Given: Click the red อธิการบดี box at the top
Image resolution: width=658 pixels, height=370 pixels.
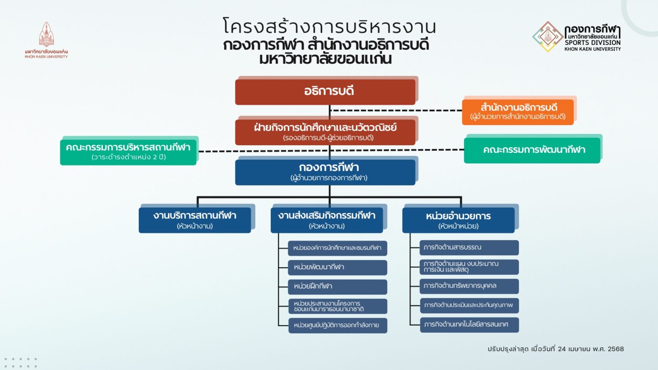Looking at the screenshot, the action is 325,92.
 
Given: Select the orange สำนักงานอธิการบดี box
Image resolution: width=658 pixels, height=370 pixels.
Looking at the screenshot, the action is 517,112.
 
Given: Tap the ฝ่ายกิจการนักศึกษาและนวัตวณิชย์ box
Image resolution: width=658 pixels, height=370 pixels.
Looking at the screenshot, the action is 325,132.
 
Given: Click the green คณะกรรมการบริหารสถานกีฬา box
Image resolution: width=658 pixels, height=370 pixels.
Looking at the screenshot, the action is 128,152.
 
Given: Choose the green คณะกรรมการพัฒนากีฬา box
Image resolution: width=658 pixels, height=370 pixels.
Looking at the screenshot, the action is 532,150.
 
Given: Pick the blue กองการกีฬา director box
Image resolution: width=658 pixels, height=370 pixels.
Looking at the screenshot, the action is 325,173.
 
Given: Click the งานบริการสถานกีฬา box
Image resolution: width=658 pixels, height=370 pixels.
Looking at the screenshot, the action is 195,220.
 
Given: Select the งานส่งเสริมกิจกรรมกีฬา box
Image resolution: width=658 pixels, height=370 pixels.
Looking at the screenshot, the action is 327,220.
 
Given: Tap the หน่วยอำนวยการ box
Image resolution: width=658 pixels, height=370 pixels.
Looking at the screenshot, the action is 458,220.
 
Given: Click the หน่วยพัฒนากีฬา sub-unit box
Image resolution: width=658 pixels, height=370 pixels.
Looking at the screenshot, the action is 338,268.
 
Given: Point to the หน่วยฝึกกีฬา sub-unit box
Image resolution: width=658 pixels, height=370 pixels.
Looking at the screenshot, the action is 338,287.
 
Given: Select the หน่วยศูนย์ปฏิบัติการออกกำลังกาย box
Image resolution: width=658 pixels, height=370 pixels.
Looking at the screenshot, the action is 338,325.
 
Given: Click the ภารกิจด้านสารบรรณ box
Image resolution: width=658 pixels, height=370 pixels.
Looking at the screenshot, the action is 469,248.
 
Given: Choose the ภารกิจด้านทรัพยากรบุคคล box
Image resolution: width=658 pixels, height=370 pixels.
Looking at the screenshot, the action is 469,286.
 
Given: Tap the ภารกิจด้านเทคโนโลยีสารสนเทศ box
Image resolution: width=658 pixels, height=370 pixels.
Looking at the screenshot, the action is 470,325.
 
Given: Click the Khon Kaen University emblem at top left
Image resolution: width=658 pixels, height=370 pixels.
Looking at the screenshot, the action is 46,34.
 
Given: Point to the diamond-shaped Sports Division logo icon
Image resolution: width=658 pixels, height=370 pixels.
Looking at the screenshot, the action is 547,37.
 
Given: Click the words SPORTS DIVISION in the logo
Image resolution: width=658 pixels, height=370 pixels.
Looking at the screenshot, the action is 592,42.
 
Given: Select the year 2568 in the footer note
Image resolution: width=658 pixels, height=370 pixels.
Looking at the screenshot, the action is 616,349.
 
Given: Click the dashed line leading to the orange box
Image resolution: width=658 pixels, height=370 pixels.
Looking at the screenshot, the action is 396,111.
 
